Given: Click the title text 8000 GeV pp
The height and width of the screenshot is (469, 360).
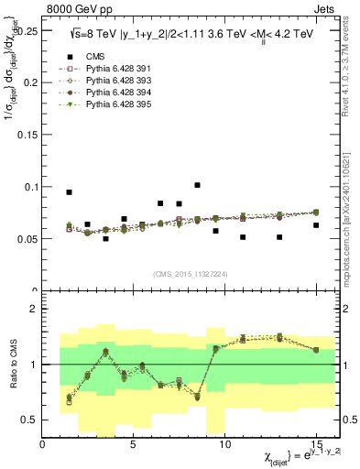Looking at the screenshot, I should (74, 8).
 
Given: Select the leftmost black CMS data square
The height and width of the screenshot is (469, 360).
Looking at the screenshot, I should (70, 192).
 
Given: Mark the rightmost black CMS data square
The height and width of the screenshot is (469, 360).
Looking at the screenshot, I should (316, 225).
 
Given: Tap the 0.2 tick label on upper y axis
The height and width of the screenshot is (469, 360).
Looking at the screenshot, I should (27, 82).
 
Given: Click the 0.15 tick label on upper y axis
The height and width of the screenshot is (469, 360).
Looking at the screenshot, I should (25, 134).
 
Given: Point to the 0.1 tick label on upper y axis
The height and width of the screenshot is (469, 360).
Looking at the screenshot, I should (27, 187).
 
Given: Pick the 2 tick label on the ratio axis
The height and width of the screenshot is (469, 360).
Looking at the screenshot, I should (33, 309).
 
